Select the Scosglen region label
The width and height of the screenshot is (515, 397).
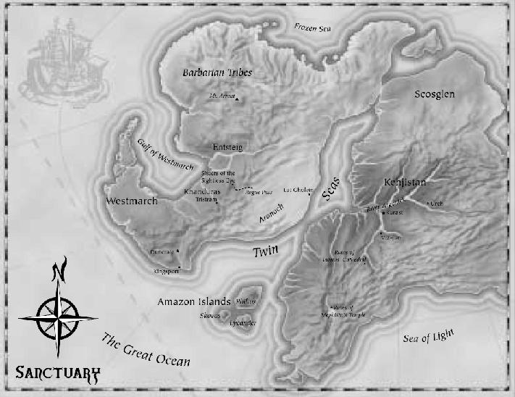tap(438, 95)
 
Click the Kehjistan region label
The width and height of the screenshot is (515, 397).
tap(404, 183)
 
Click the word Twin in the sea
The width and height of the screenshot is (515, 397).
tap(265, 251)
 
